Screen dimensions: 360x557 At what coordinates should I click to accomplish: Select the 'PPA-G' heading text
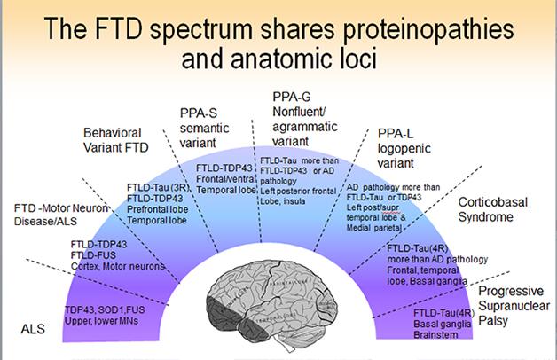pos(288,96)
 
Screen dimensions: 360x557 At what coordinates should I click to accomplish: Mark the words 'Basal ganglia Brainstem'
pos(441,331)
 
